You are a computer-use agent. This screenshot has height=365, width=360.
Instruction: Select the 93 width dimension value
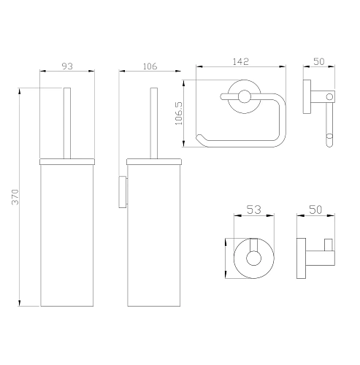[66, 66]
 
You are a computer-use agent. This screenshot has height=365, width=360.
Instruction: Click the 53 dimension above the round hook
[253, 210]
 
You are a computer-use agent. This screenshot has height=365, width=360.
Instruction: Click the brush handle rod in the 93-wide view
[66, 121]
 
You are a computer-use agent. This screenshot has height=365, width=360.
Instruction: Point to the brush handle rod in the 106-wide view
[153, 121]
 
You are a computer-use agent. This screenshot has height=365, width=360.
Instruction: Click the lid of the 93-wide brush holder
[66, 158]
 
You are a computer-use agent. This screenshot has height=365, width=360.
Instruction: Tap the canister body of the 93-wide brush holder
[66, 234]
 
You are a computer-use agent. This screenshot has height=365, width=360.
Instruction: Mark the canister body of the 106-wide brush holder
[153, 234]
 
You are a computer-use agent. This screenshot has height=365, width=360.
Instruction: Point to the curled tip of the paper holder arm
[200, 139]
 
